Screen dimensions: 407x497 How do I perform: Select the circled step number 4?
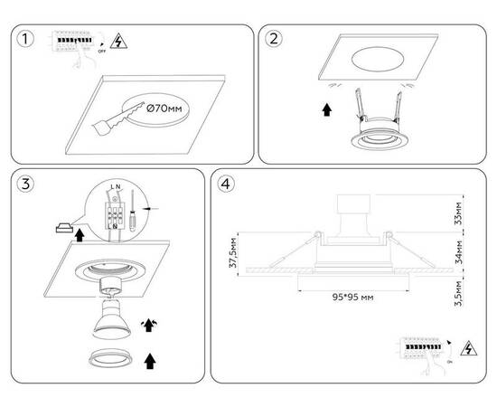(x=229, y=185)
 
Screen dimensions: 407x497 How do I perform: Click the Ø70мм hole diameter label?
(x=170, y=110)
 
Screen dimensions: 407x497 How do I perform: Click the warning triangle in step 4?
(x=469, y=348)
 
